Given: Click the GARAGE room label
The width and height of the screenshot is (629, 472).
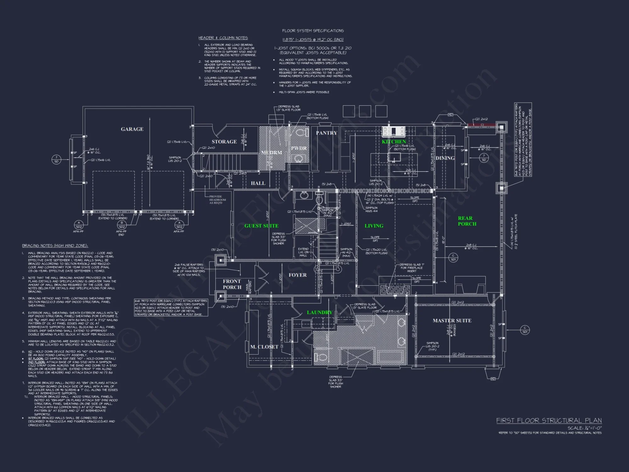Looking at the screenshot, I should [x=132, y=129].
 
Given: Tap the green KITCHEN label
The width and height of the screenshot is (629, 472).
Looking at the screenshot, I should [x=394, y=142].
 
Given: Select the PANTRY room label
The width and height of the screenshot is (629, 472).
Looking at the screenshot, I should [x=326, y=133].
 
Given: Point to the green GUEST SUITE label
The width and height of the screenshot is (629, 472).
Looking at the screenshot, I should [x=261, y=226].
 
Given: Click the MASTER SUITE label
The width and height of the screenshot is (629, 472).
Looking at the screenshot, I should [x=452, y=321].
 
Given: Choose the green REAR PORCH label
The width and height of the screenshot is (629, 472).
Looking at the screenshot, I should [x=467, y=221].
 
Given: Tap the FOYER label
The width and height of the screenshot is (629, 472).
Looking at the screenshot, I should [x=298, y=275].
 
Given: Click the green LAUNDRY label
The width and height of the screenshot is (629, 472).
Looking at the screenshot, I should [x=320, y=312].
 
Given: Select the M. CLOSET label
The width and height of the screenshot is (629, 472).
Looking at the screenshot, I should [x=264, y=347].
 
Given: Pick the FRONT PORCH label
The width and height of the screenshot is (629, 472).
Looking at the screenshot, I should [x=232, y=284].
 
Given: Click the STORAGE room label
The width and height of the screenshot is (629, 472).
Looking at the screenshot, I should [x=224, y=142].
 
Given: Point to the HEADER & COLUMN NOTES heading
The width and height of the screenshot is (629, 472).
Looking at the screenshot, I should [x=223, y=38].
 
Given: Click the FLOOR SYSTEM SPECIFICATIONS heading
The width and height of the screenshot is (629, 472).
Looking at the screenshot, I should [x=313, y=31].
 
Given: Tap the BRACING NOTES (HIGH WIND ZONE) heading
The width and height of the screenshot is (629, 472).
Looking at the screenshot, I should [x=55, y=246].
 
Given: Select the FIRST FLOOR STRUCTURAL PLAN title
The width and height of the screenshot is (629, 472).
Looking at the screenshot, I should [x=549, y=421].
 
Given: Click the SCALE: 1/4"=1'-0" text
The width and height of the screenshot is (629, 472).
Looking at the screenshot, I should [x=584, y=428].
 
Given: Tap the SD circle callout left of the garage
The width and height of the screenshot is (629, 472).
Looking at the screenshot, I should [x=56, y=160].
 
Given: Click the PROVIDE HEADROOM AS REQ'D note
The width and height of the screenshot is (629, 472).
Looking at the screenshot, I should [x=217, y=200].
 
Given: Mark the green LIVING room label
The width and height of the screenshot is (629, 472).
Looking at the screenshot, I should [x=374, y=226].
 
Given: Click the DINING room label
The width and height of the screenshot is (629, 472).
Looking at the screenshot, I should [x=445, y=158].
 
